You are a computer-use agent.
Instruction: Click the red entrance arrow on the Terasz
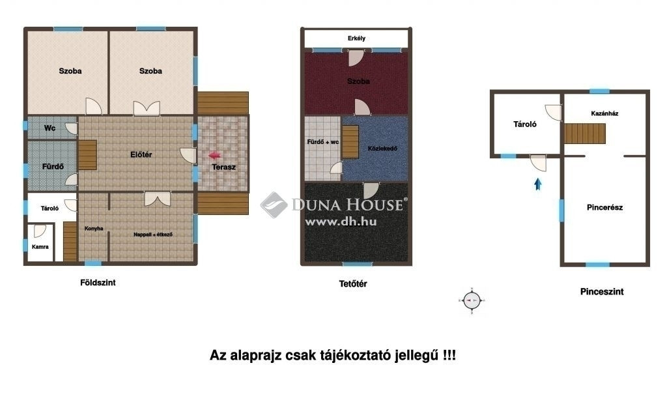[215, 156]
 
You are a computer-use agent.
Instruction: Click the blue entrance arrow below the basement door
[538, 184]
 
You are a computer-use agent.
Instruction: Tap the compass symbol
[472, 301]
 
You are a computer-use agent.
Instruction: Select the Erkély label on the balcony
[356, 38]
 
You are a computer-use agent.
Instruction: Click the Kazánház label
[604, 113]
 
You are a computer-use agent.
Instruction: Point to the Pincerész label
[604, 208]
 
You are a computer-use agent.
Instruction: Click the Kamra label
[40, 247]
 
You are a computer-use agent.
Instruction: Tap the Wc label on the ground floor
[50, 128]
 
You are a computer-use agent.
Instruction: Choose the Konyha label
[94, 229]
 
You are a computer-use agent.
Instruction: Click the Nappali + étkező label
[152, 235]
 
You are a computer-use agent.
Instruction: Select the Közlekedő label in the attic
[382, 149]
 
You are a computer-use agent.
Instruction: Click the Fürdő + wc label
[323, 142]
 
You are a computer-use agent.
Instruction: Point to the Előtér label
[141, 155]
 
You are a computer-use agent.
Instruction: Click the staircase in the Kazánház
[585, 134]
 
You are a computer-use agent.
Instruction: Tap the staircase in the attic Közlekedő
[350, 141]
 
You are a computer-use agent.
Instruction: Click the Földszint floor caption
[98, 283]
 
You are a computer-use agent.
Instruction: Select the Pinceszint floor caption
[602, 292]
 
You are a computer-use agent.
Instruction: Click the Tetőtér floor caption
[353, 284]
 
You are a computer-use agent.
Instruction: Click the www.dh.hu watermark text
[341, 222]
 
